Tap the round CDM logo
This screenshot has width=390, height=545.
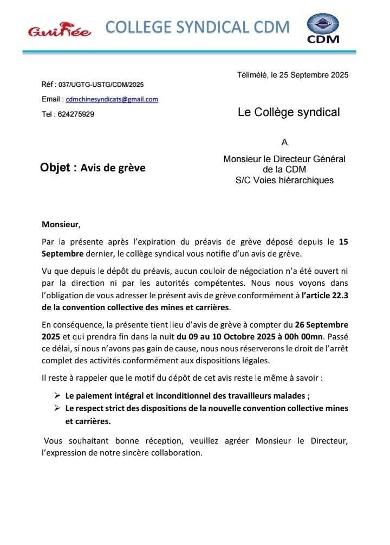point(323,28)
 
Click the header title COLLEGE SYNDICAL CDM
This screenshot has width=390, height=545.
point(198,27)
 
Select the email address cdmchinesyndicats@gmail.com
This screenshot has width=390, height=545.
point(112,99)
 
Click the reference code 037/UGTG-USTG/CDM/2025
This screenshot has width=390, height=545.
point(101,85)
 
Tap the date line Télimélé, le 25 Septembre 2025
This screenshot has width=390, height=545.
point(292,75)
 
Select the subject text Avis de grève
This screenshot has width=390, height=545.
point(113,168)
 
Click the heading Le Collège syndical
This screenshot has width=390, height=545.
point(289,112)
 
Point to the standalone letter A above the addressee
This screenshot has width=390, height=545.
point(284,143)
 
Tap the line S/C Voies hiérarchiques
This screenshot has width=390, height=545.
point(284,180)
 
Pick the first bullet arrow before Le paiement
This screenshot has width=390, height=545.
point(57,396)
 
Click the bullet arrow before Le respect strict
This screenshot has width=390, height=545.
point(57,408)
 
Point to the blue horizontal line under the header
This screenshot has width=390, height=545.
point(189,52)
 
